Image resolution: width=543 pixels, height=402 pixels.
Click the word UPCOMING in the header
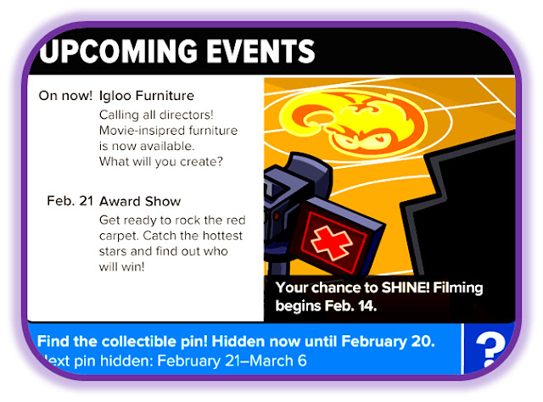click(118, 51)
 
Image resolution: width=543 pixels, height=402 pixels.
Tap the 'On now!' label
click(65, 96)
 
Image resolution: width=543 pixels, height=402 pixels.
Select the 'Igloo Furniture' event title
click(147, 96)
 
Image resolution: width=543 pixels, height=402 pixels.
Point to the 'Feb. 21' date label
click(70, 201)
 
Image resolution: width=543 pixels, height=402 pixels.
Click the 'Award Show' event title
click(140, 201)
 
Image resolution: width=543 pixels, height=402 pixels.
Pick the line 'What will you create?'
click(161, 162)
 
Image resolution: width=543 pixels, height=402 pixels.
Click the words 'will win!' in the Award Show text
click(121, 266)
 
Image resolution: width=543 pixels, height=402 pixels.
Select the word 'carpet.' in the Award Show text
click(119, 236)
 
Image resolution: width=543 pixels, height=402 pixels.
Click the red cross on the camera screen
click(332, 242)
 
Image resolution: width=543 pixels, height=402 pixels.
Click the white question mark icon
click(490, 350)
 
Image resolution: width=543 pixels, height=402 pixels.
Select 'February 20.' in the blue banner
click(388, 342)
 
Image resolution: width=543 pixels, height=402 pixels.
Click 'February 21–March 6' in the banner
click(232, 360)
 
